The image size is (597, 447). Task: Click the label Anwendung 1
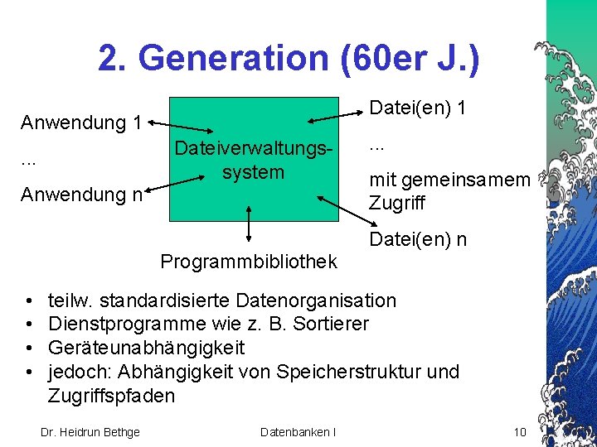point(81,123)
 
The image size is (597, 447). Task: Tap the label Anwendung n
point(81,195)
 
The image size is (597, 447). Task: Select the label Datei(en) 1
point(418,108)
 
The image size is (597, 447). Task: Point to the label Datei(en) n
point(418,240)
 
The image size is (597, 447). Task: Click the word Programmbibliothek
point(249,262)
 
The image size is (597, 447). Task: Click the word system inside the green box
point(253,172)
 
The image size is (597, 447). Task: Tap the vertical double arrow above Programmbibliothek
point(247,225)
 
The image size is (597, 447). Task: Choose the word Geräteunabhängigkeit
point(146,347)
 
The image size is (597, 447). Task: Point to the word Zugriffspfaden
point(111,395)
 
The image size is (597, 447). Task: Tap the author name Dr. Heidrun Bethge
point(90,431)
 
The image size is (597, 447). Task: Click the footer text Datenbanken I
point(298,431)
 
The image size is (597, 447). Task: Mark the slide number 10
point(521,431)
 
